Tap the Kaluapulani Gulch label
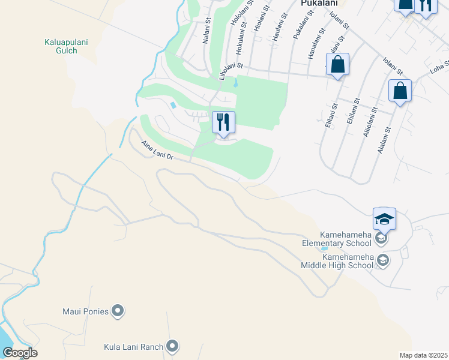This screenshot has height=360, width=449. tap(61, 46)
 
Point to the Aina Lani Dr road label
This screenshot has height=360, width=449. tap(157, 151)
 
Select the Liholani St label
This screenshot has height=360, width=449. tap(231, 70)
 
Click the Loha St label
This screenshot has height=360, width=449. tap(439, 66)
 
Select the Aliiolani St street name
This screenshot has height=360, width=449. tap(369, 123)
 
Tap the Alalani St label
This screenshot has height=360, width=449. tap(384, 139)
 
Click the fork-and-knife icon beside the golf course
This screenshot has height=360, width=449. tap(223, 122)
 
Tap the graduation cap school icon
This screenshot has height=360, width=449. tap(384, 219)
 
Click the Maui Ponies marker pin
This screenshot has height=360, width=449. tap(118, 311)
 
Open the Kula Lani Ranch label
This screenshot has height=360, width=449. tap(136, 346)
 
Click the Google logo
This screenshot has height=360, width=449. tap(20, 353)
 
